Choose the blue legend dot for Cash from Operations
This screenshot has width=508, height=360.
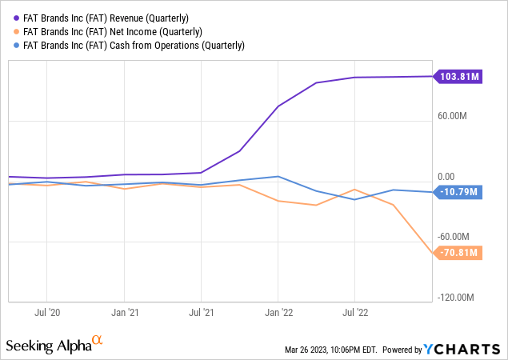[10, 46]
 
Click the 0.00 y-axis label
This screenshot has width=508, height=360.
[446, 177]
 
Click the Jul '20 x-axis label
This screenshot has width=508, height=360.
[49, 312]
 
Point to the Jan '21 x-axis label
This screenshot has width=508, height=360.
[125, 312]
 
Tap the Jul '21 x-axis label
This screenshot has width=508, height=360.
[202, 312]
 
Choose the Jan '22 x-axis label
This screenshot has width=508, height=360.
[278, 312]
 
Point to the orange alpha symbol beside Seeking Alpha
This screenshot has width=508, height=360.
[98, 341]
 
